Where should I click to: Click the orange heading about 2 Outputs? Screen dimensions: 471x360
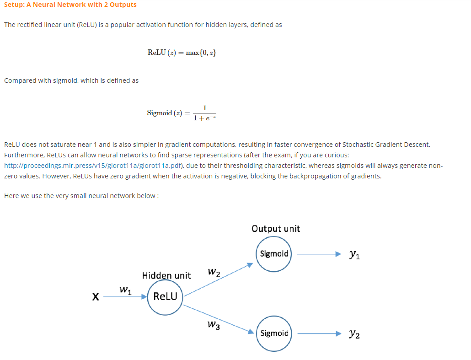[x=70, y=5]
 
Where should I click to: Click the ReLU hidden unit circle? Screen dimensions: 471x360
[x=165, y=296]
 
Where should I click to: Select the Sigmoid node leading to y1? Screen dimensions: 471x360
[x=274, y=254]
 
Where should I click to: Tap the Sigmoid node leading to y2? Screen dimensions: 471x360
[x=274, y=333]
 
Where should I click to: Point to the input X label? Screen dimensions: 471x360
[x=95, y=297]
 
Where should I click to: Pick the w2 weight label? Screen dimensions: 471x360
[x=214, y=273]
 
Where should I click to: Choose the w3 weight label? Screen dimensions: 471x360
[x=213, y=325]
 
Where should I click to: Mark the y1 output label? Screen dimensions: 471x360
[x=354, y=254]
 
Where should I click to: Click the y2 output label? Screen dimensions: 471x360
[x=354, y=334]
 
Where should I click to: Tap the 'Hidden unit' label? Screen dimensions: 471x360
[x=166, y=275]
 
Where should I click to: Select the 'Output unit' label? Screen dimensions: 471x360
[x=276, y=228]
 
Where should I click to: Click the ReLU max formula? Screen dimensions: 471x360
[x=182, y=53]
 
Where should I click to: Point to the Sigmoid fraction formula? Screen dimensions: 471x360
[x=182, y=113]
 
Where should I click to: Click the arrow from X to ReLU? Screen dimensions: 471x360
[x=124, y=297]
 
